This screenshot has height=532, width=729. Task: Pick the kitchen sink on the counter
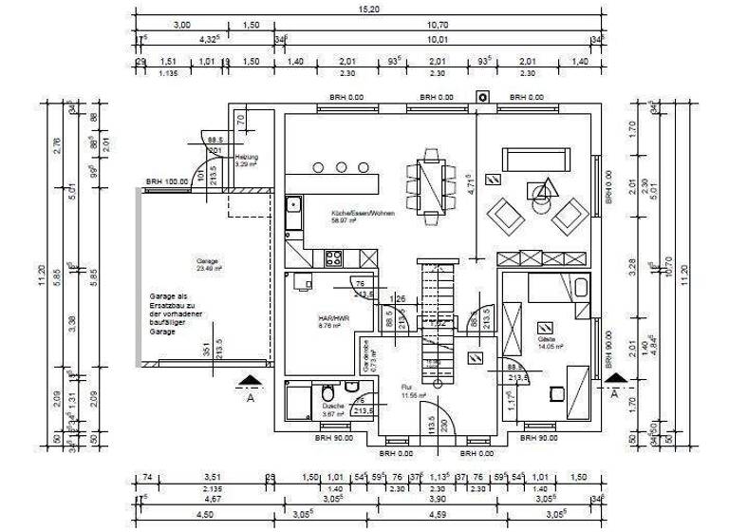[x=293, y=204]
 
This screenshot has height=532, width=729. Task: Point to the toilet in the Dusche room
[x=327, y=392]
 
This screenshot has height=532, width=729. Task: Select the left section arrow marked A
[x=250, y=382]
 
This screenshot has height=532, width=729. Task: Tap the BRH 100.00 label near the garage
[x=167, y=181]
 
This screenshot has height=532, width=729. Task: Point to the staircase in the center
[x=433, y=318]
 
